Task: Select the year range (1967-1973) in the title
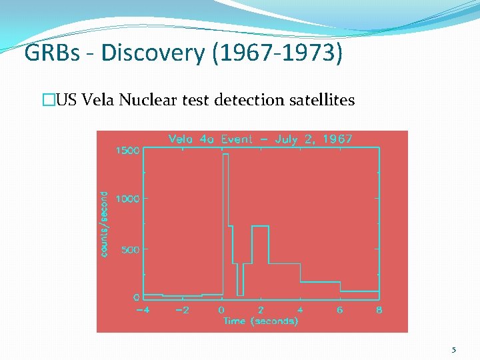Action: click(277, 53)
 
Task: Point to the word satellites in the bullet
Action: click(322, 101)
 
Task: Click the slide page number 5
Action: click(453, 349)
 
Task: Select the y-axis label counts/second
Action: click(104, 224)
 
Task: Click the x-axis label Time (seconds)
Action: click(261, 321)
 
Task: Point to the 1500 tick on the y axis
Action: click(127, 151)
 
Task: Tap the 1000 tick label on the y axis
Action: click(127, 199)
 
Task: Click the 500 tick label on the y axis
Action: click(130, 249)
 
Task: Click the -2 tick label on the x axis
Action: click(181, 309)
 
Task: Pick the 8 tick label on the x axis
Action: click(379, 309)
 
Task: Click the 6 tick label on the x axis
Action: click(340, 309)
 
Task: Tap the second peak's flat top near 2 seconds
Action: click(260, 227)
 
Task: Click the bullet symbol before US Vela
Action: click(47, 101)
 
